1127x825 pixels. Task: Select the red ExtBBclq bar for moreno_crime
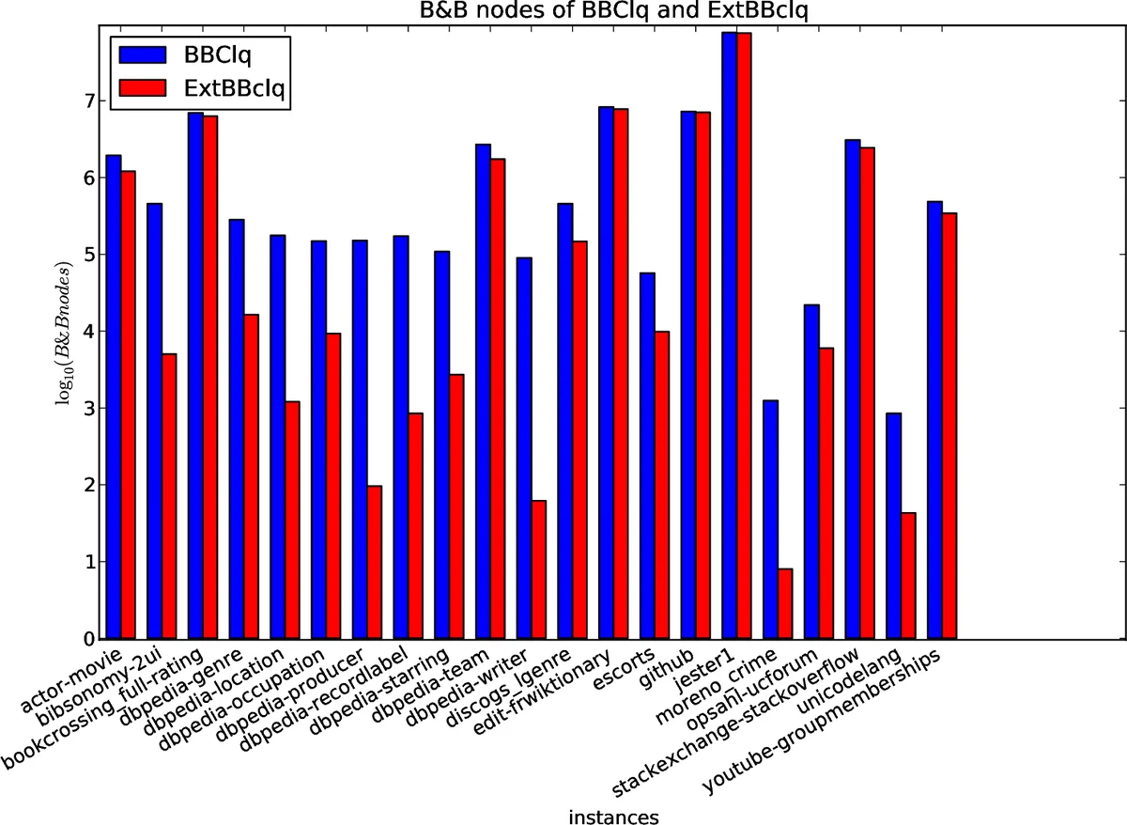click(785, 603)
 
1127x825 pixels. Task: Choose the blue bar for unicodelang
click(893, 525)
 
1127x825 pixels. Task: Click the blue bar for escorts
click(647, 456)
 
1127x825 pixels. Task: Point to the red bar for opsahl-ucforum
click(826, 493)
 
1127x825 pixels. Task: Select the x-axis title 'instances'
click(613, 816)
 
